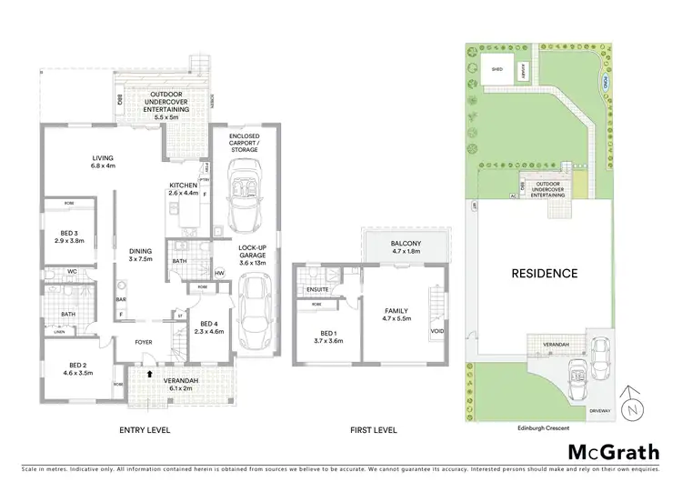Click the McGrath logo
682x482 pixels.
tap(615, 452)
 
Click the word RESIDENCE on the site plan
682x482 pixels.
tap(544, 273)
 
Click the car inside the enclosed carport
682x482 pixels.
tap(243, 193)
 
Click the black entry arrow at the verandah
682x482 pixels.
tap(149, 372)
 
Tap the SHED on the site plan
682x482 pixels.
tap(496, 67)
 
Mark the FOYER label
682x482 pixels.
tap(145, 343)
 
